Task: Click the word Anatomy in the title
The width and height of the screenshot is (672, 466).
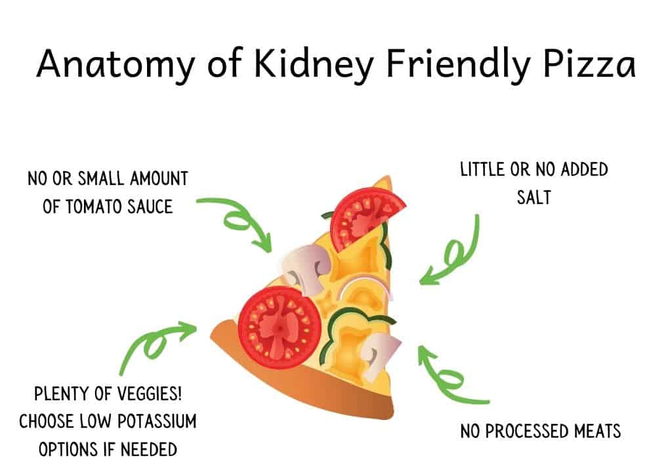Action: point(115,64)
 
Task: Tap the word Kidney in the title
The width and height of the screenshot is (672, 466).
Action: point(313,64)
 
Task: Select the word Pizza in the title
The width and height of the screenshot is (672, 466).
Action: point(589,64)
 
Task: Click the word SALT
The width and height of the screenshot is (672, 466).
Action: point(534,198)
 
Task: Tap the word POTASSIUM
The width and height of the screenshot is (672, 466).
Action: point(157,421)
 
